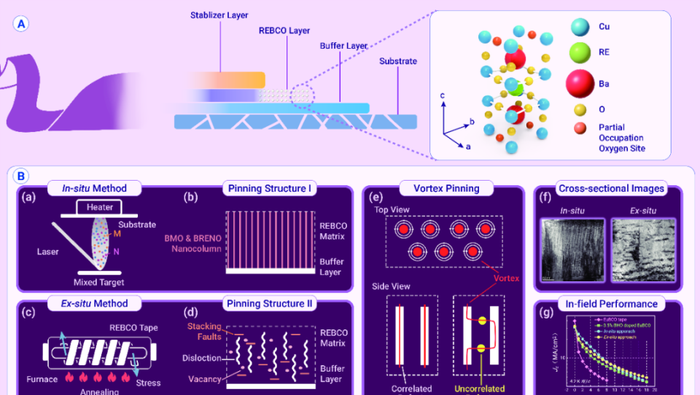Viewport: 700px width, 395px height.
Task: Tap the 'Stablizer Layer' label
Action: pos(219,15)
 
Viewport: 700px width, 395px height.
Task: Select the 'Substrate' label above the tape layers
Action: pos(398,61)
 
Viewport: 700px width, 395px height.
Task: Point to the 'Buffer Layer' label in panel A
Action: pos(343,46)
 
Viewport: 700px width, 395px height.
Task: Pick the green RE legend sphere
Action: pos(580,52)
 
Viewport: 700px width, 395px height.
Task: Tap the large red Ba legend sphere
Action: pos(580,84)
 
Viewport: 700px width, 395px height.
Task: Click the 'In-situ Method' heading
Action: pos(93,188)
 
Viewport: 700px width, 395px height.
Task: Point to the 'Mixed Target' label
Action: pos(98,281)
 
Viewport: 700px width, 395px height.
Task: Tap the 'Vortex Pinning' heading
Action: pos(443,188)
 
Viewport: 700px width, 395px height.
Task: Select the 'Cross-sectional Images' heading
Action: pos(611,188)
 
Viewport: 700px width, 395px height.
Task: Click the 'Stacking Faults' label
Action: pos(203,332)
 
